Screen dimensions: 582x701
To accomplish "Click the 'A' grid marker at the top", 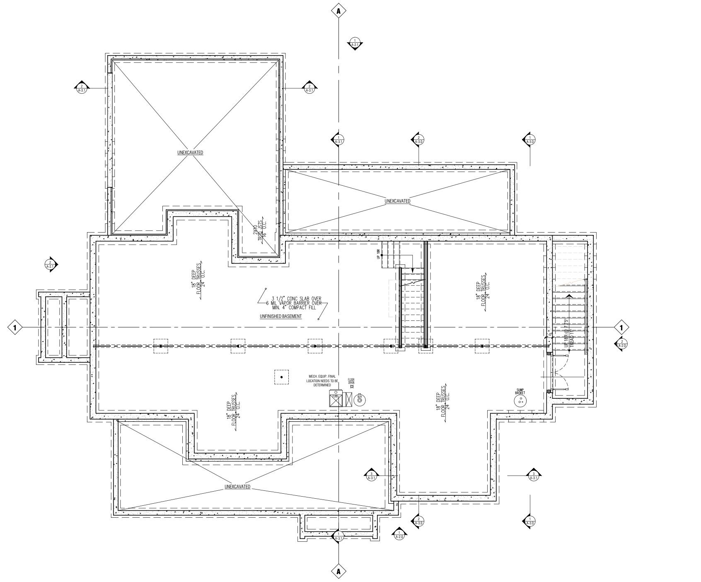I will coord(338,11).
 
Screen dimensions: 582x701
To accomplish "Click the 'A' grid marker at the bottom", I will coord(338,571).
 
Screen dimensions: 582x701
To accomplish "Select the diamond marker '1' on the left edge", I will coord(15,327).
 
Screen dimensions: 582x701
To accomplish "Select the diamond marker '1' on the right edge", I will coord(621,327).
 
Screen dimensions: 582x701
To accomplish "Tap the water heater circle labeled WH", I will coord(360,399).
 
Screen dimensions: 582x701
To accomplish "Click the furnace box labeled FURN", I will coord(335,399).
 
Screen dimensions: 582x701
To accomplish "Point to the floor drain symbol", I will coord(352,387).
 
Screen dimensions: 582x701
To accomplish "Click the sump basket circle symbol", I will coord(520,401).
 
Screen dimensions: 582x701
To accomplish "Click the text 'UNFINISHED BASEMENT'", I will coord(280,316).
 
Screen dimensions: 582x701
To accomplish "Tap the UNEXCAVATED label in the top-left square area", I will coord(190,153).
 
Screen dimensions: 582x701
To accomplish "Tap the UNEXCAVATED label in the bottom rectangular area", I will coord(237,486).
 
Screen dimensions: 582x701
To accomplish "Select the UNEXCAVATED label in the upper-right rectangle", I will coord(397,201).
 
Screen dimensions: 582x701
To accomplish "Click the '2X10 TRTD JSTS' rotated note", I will coord(260,230).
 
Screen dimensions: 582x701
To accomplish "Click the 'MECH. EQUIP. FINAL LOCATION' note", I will coord(322,381).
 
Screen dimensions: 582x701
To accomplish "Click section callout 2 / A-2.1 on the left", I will coord(51,264).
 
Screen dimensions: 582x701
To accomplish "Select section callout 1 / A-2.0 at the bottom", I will coord(399,535).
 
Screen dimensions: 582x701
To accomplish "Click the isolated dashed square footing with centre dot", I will coord(282,377).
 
